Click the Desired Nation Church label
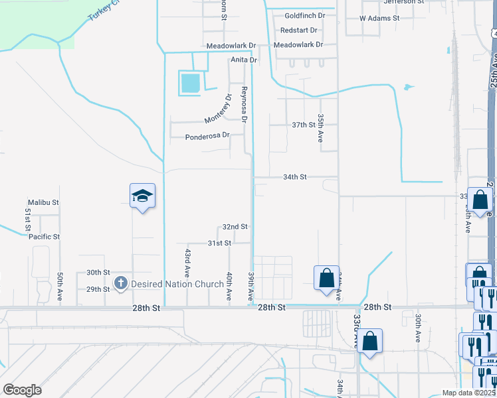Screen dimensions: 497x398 click(177, 284)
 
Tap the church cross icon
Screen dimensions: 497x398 click(121, 283)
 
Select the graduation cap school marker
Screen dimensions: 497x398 click(142, 196)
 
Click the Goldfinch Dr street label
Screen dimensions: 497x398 click(304, 15)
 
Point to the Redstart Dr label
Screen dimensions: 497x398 click(299, 31)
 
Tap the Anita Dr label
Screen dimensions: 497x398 click(243, 60)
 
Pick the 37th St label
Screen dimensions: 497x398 click(303, 125)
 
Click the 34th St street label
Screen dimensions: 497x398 click(294, 177)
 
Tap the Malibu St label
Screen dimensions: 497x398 click(43, 202)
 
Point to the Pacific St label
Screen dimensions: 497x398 click(44, 236)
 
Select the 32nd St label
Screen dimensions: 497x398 click(235, 226)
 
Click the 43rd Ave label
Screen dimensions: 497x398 click(188, 262)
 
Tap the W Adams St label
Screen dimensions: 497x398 click(379, 18)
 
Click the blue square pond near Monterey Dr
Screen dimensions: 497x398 click(189, 84)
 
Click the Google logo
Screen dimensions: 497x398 click(22, 389)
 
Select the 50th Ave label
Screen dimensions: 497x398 click(60, 287)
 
